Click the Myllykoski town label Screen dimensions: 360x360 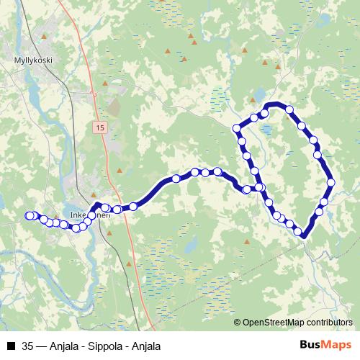34,60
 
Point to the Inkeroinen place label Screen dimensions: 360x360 90,215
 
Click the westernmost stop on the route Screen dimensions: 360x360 30,215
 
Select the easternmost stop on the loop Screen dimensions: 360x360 330,182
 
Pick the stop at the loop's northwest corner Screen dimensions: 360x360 237,129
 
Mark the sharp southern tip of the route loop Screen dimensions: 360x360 303,235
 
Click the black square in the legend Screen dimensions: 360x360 11,346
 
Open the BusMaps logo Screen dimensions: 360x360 325,345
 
